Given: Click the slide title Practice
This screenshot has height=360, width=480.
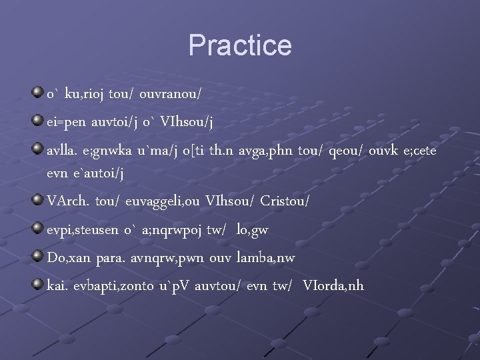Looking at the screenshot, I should click(240, 46).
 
